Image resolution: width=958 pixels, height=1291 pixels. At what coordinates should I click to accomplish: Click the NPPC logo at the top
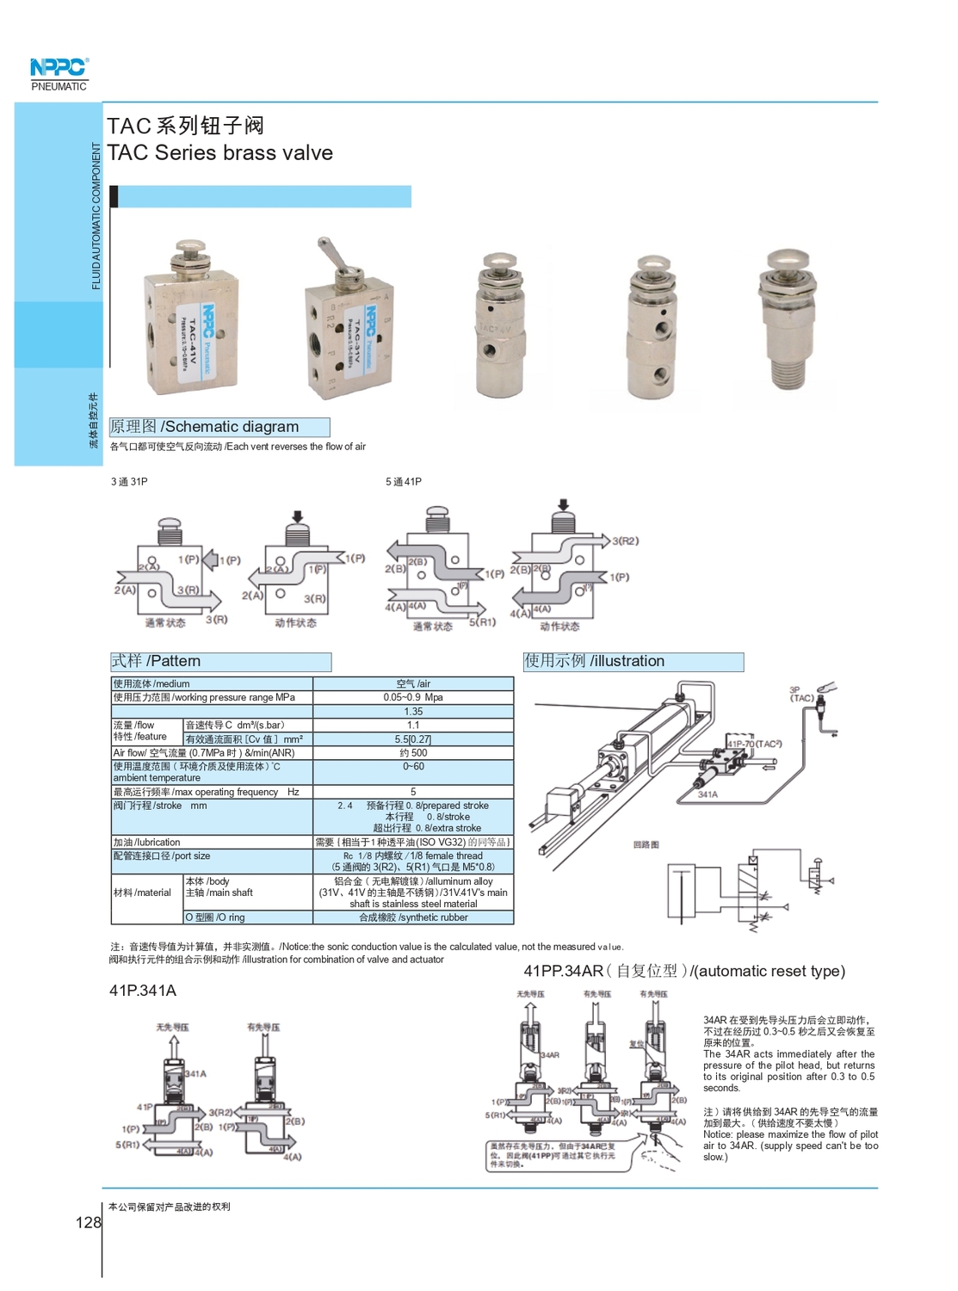click(x=59, y=68)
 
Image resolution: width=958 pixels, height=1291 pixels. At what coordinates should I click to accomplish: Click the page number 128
click(x=88, y=1222)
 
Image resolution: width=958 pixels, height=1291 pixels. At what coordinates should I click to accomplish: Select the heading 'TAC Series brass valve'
click(x=219, y=152)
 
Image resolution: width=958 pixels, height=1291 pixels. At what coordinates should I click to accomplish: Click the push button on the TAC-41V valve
click(x=189, y=250)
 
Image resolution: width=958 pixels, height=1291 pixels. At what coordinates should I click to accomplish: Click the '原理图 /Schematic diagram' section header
click(x=219, y=427)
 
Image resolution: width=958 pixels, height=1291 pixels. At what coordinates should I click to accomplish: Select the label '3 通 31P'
click(x=129, y=482)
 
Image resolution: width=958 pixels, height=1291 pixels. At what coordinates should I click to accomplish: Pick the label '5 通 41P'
click(x=404, y=482)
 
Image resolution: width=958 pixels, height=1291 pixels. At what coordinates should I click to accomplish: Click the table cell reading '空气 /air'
click(x=413, y=683)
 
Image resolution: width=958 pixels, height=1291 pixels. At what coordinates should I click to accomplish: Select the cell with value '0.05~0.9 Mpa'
click(x=413, y=697)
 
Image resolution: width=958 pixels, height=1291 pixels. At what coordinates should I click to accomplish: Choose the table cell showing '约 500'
click(x=413, y=752)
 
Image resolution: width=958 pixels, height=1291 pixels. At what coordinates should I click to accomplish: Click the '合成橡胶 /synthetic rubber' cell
click(x=413, y=917)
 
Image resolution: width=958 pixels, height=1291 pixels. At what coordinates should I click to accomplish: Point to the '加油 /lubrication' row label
click(x=147, y=843)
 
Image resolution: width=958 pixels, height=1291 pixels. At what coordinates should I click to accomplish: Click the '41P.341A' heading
click(x=143, y=991)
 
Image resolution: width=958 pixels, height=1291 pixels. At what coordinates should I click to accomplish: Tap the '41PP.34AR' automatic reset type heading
click(x=684, y=971)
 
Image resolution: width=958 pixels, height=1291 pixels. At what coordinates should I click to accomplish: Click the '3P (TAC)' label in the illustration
click(x=800, y=694)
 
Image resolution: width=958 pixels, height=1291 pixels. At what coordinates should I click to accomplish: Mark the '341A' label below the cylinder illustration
click(x=708, y=794)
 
